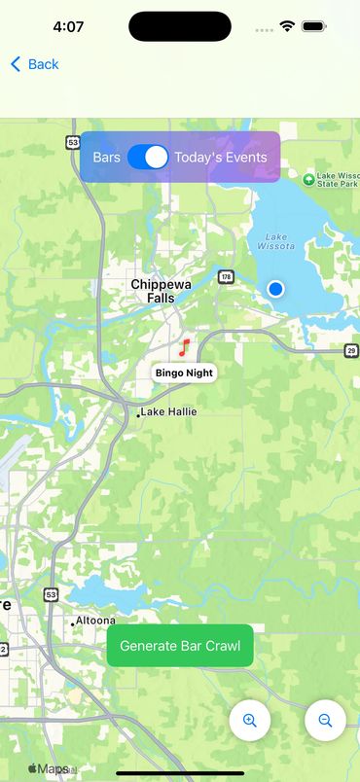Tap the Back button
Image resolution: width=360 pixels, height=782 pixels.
[x=35, y=64]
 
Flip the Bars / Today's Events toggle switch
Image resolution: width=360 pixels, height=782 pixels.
[x=148, y=157]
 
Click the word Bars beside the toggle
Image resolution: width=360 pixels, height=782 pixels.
[x=106, y=157]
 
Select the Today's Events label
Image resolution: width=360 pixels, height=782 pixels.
[x=221, y=157]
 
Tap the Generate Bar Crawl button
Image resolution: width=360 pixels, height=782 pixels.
[x=180, y=646]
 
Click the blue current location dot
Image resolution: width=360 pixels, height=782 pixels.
[x=275, y=289]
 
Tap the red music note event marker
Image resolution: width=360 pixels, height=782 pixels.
[x=184, y=347]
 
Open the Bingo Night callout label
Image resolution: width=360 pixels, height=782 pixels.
[x=184, y=373]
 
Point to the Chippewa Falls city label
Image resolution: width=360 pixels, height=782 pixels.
[x=161, y=291]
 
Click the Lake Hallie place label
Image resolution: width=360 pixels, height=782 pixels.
[x=168, y=411]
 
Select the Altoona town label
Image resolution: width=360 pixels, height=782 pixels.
[x=96, y=621]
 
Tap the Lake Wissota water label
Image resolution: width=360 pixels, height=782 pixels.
[x=277, y=241]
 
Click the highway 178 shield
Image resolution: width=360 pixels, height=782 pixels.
[x=226, y=276]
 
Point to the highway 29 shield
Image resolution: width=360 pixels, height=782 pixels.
[x=351, y=350]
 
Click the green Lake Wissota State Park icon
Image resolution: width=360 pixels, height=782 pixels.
[x=308, y=179]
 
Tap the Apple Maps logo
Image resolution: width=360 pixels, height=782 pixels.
[x=49, y=768]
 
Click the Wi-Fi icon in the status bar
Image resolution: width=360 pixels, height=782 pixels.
[x=287, y=27]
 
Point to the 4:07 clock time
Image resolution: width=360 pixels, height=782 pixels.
[x=68, y=27]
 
